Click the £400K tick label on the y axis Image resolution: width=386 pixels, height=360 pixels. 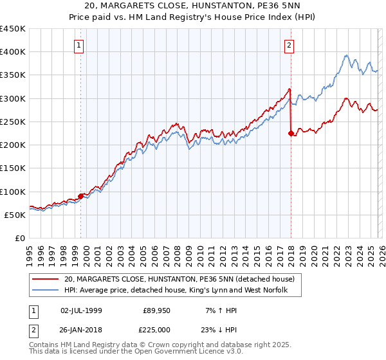[13, 52]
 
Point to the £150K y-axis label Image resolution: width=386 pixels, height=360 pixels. [13, 168]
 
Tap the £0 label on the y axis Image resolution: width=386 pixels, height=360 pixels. [19, 239]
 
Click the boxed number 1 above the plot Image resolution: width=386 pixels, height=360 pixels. [78, 45]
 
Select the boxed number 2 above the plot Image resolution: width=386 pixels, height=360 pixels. [289, 45]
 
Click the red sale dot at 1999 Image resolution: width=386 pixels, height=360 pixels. [80, 196]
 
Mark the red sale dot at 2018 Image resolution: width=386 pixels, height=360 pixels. [291, 134]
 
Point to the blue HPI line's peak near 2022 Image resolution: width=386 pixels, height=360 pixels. [346, 55]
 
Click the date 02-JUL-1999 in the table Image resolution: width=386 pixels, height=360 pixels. [81, 310]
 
